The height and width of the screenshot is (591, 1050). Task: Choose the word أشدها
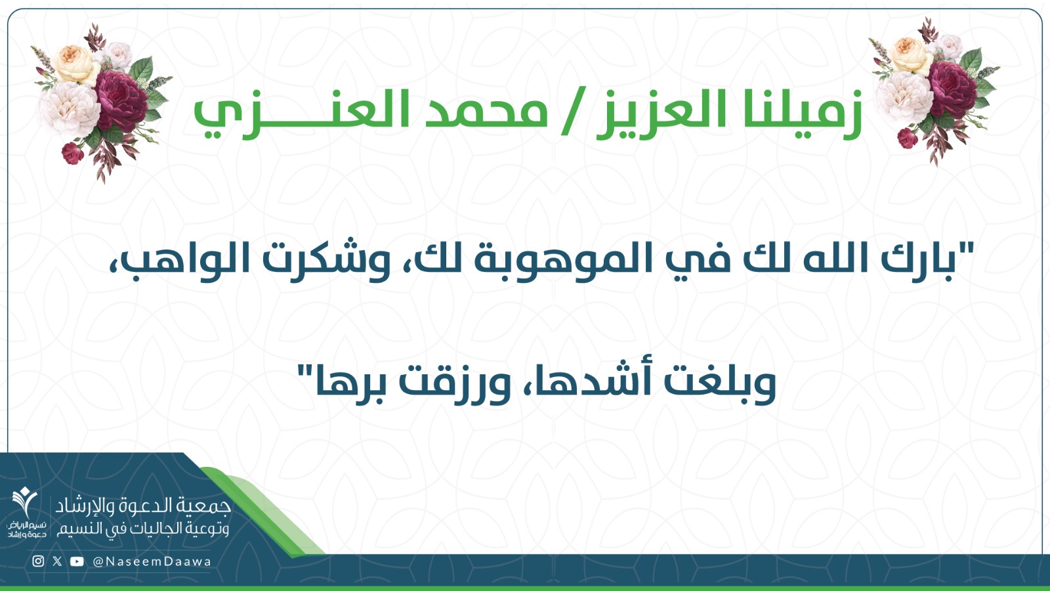[587, 382]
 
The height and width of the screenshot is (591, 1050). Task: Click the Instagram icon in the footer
[39, 561]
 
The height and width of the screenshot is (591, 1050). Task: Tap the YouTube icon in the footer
[77, 561]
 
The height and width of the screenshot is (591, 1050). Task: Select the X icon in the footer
[57, 561]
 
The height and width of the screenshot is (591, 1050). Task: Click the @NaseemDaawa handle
[152, 561]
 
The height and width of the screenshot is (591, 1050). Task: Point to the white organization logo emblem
[25, 502]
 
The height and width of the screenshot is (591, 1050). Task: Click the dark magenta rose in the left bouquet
[121, 101]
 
